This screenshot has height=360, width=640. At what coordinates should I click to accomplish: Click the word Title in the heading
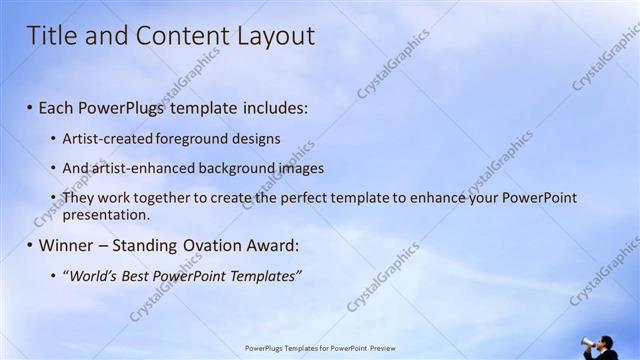50,36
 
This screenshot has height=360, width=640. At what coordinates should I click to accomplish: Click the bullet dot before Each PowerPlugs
30,107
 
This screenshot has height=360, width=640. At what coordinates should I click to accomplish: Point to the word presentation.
106,214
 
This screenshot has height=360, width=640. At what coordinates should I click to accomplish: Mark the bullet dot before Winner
30,245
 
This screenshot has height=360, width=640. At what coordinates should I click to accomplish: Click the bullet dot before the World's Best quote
53,275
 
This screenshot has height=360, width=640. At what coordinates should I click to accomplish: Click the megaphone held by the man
589,344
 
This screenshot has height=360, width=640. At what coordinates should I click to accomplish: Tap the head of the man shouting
605,341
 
